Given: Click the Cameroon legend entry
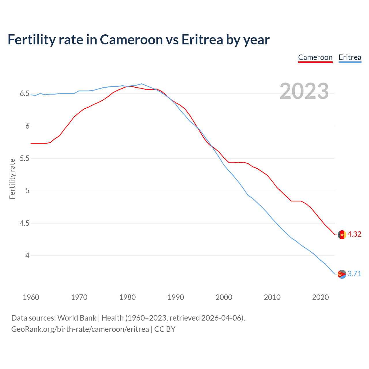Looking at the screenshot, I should point(315,57).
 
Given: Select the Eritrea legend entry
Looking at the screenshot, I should point(350,57).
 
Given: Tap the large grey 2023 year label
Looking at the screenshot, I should point(304,91).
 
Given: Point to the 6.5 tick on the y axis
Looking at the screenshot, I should point(25,94).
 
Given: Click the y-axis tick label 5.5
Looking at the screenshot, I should point(25,158).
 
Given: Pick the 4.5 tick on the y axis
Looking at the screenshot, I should point(25,223).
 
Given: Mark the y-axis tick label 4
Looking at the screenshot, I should point(27,255).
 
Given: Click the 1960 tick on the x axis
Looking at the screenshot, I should point(31,297).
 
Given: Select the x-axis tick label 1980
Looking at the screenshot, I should point(127,297).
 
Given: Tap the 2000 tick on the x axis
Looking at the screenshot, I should point(224,297).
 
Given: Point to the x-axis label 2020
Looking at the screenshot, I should point(320,297).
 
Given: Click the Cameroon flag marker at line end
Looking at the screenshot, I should point(342,235).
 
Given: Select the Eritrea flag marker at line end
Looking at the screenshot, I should point(342,274).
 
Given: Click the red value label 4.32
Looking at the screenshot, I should point(354,234).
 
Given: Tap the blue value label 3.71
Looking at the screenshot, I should point(354,274).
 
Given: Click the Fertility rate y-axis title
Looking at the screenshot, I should point(12,179).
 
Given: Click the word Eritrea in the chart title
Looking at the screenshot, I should point(202,40).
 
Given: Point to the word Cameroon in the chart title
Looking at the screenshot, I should point(131,40).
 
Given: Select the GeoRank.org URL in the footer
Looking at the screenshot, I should point(80,329).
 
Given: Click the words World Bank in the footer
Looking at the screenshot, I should point(77,318).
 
